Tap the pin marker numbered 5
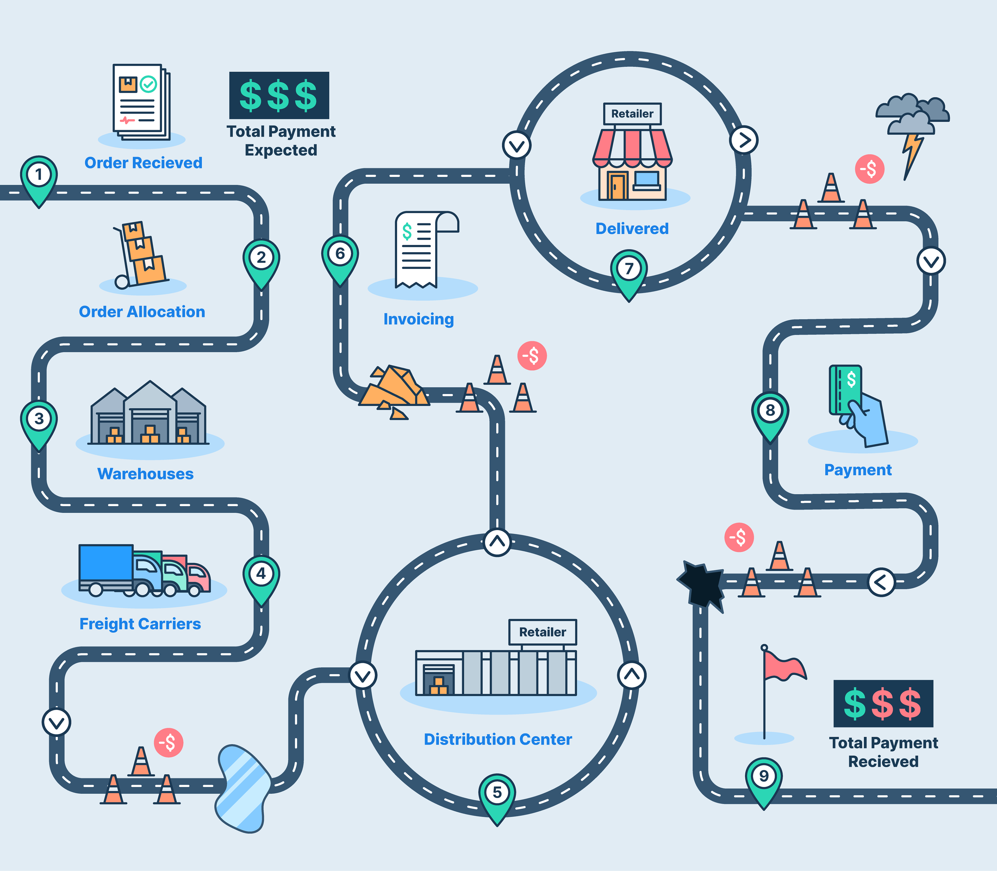(497, 793)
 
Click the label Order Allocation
(142, 312)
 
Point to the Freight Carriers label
(140, 624)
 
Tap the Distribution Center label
(498, 739)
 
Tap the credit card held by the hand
(845, 389)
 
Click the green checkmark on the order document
(148, 85)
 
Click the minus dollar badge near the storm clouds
(869, 169)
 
